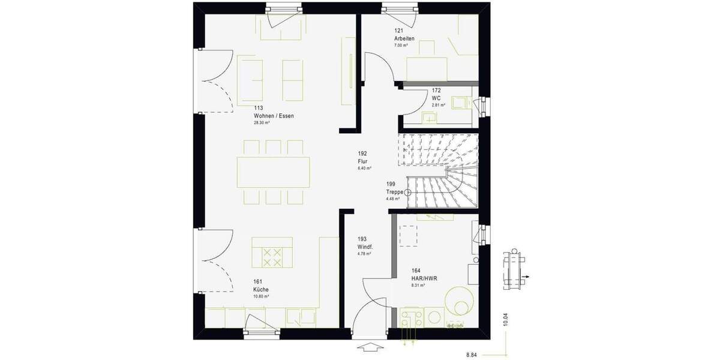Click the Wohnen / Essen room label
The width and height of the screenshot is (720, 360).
click(x=274, y=115)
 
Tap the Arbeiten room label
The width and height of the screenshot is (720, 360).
click(x=404, y=38)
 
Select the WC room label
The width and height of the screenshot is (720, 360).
click(x=436, y=98)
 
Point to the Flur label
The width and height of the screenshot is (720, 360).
click(x=362, y=161)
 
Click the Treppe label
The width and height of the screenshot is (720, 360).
click(x=395, y=192)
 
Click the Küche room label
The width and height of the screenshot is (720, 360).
click(x=261, y=289)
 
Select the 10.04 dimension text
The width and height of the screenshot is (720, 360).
click(x=506, y=319)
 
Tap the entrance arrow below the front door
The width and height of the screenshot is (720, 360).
click(x=370, y=347)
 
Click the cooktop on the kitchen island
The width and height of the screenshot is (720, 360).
click(x=272, y=257)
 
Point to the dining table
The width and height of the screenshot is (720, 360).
click(x=274, y=172)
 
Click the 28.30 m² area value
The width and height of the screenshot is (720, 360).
click(x=262, y=122)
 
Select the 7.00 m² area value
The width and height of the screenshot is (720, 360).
click(x=401, y=46)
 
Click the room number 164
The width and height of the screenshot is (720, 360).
click(x=416, y=271)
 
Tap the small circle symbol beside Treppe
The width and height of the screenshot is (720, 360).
click(x=408, y=192)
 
